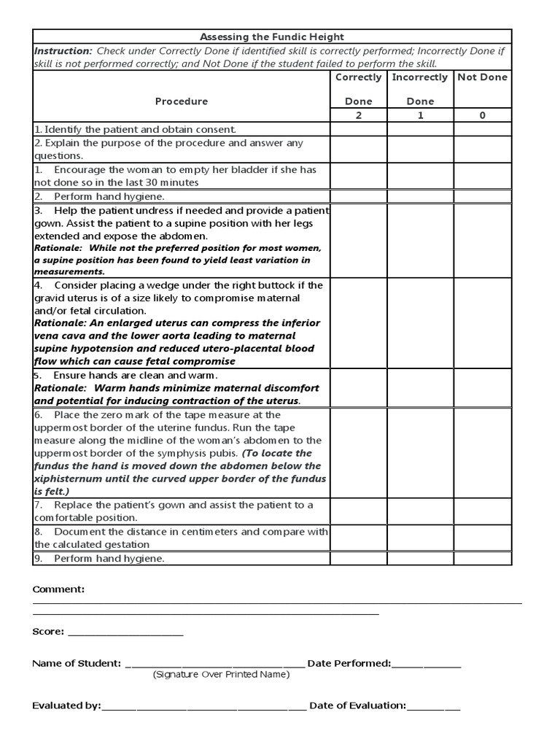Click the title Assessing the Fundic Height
[272, 36]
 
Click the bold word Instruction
[63, 51]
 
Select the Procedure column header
[182, 101]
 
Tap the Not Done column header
[482, 77]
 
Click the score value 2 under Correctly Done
[358, 115]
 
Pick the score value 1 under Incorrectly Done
[420, 115]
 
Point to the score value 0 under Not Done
[483, 115]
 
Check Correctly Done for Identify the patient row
[358, 129]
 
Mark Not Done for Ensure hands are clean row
[483, 388]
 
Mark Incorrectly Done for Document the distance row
[420, 538]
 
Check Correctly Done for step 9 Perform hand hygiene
[358, 559]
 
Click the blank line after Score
[125, 633]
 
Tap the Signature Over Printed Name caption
[221, 675]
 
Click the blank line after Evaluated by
[204, 708]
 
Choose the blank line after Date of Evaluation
[434, 708]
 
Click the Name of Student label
[77, 664]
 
